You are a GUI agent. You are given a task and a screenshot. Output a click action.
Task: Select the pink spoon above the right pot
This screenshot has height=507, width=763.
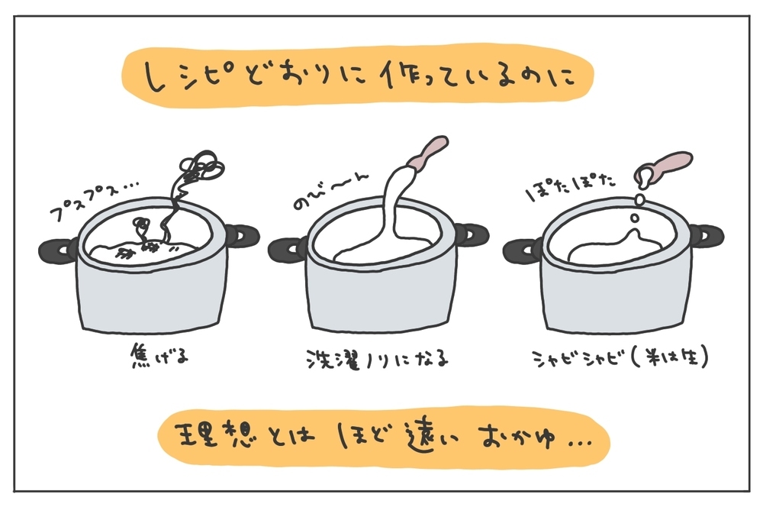pyautogui.click(x=665, y=164)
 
